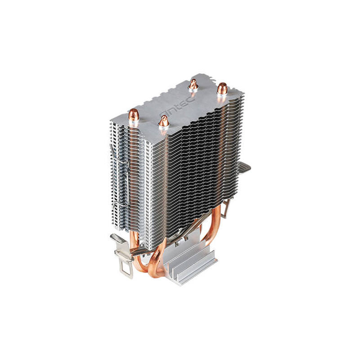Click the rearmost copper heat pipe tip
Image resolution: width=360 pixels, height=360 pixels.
tap(194, 84)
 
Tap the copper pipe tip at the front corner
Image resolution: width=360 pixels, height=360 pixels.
tap(164, 121)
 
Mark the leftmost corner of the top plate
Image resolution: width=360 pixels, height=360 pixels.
tap(111, 121)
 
